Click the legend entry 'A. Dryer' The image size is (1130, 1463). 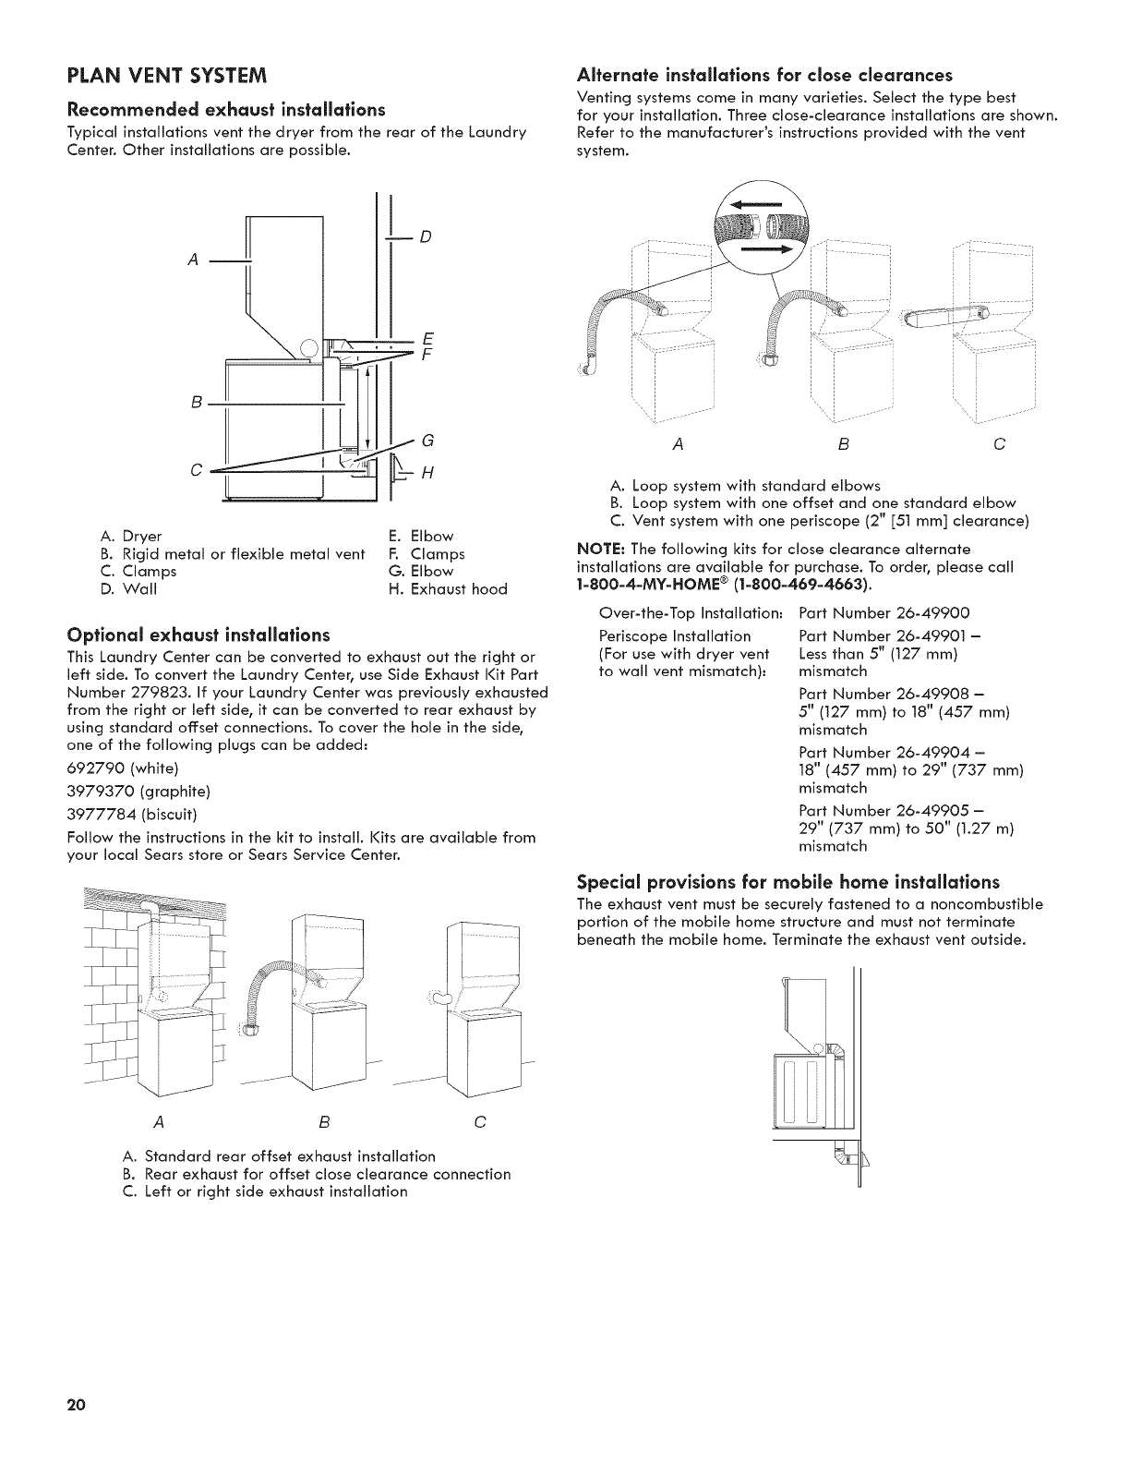coord(130,537)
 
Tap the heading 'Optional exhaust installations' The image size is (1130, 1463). coord(198,635)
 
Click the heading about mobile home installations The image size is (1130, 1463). coord(787,881)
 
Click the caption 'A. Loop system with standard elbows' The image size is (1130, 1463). coord(746,486)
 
